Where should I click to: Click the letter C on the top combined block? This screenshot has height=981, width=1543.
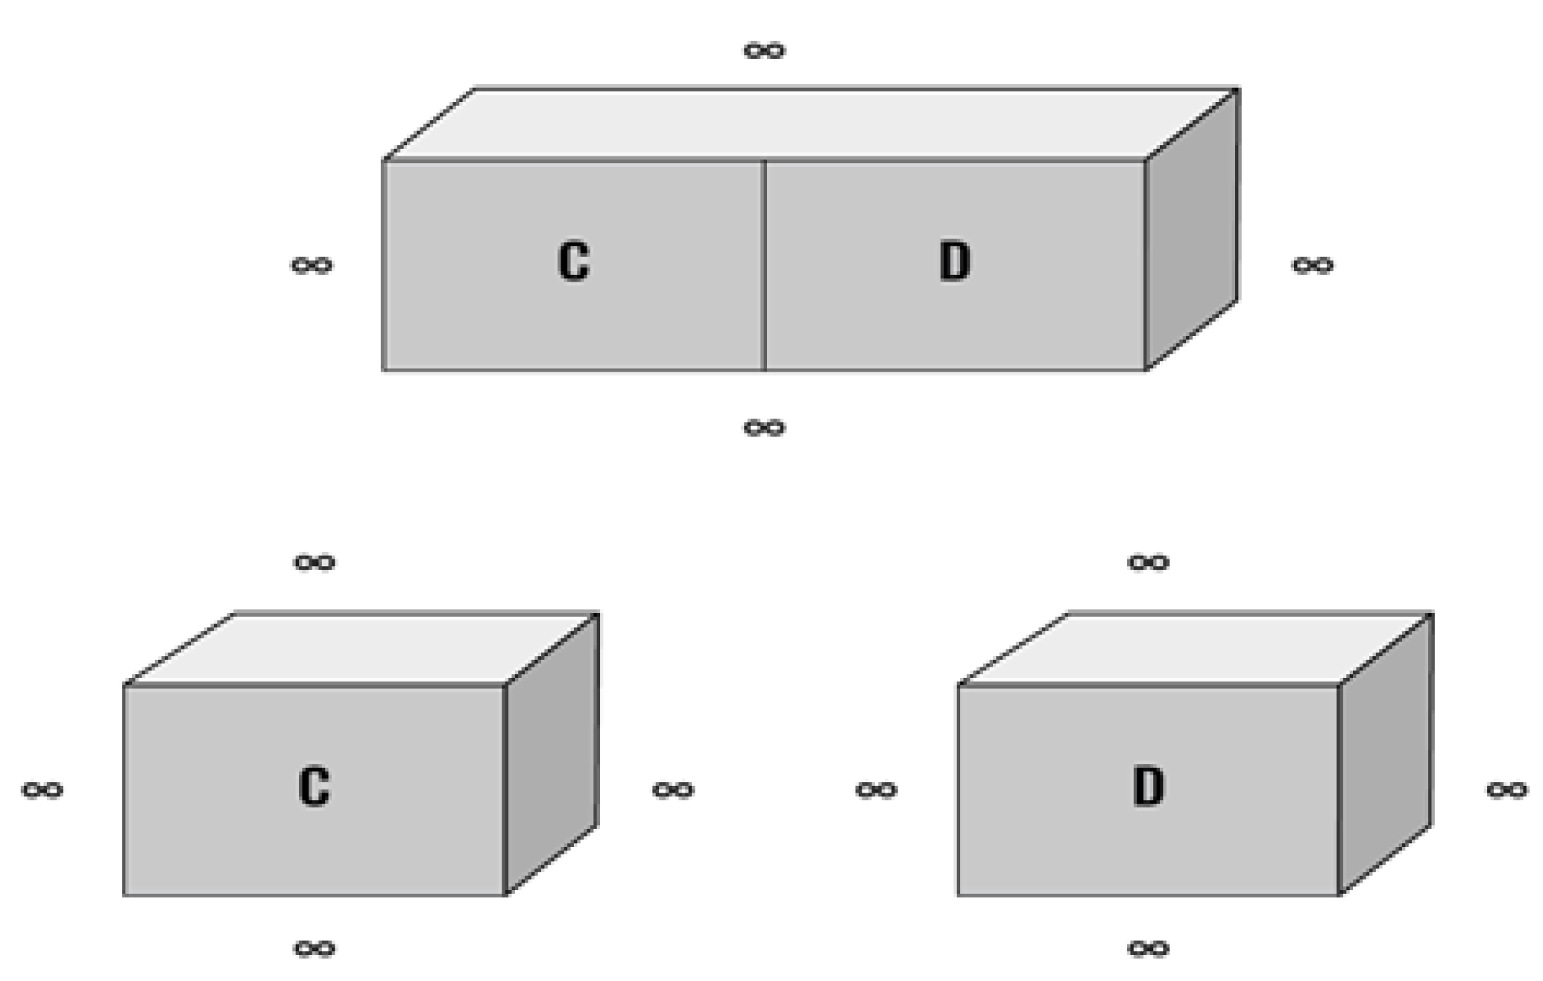point(573,261)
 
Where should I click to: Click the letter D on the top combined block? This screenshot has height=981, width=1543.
point(954,261)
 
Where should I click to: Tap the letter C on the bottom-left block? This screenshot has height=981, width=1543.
point(314,787)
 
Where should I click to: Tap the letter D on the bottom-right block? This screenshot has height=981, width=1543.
point(1148,787)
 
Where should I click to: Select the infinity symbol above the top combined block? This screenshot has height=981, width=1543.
point(764,51)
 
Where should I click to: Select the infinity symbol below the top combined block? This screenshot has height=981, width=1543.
point(764,428)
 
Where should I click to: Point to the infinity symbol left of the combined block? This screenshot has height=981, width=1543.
point(312,265)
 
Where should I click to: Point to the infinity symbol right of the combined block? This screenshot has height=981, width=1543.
point(1312,265)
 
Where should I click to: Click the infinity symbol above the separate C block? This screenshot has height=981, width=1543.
point(315,562)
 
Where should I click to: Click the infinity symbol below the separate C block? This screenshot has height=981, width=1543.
point(315,948)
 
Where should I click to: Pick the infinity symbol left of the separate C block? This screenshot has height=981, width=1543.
point(42,790)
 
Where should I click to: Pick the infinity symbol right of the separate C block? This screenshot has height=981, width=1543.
point(673,790)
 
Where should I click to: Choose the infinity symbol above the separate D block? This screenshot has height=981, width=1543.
point(1148,562)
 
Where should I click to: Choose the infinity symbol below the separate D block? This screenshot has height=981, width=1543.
point(1148,948)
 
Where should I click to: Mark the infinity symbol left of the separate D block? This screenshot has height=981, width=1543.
point(876,790)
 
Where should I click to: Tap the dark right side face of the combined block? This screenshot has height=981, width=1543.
point(1191,231)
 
